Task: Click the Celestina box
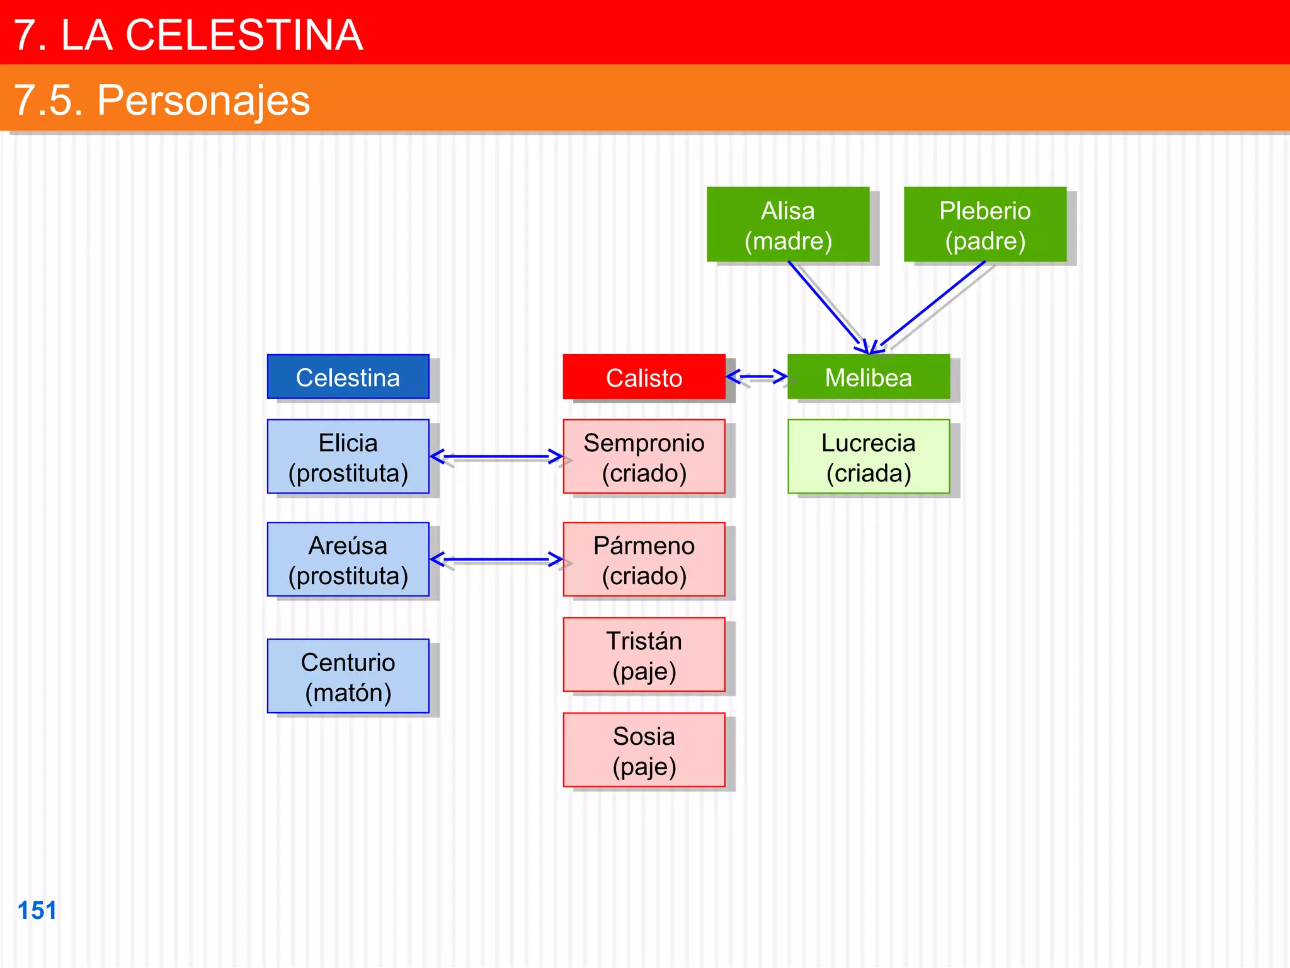(x=348, y=377)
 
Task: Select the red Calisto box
(x=644, y=377)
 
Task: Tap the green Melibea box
(x=868, y=377)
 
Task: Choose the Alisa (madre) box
(x=788, y=224)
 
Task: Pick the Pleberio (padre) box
(x=985, y=224)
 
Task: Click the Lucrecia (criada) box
(x=868, y=457)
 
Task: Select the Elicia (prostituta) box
(x=348, y=457)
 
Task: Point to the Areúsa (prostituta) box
(x=348, y=560)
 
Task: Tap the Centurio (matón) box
(x=348, y=676)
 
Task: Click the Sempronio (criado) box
(x=644, y=457)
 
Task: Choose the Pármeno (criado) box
(x=644, y=560)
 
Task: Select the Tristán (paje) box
(x=644, y=655)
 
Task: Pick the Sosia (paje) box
(x=644, y=750)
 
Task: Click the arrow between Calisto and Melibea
(x=756, y=377)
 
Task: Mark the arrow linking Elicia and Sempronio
(x=496, y=456)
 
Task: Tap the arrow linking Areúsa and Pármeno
(x=496, y=559)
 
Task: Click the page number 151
(x=37, y=911)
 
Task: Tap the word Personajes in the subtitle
(x=203, y=100)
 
